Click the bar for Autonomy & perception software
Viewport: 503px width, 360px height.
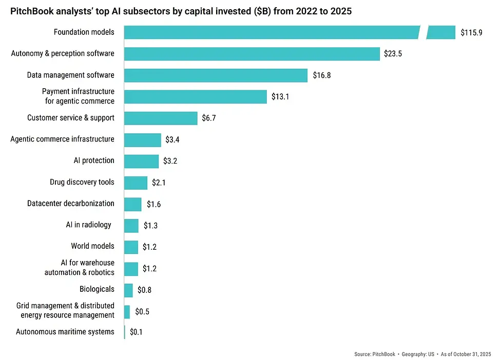(x=252, y=54)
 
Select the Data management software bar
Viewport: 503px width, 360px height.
(x=216, y=75)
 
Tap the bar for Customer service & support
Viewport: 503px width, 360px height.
(x=161, y=118)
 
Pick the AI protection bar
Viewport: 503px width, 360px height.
(x=141, y=161)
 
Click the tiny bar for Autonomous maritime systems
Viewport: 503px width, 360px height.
(x=125, y=332)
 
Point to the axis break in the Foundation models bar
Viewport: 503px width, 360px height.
(x=423, y=32)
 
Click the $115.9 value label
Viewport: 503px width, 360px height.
(x=471, y=33)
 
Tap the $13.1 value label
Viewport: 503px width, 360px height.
(x=280, y=96)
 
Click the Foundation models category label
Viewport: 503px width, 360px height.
(x=84, y=32)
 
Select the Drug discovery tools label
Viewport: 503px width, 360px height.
(x=82, y=182)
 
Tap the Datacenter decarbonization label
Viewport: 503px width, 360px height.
(x=71, y=204)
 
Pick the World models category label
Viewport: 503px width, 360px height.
(x=92, y=246)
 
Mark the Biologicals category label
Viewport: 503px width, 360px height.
(x=96, y=289)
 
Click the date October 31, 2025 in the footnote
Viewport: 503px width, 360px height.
(x=473, y=354)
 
